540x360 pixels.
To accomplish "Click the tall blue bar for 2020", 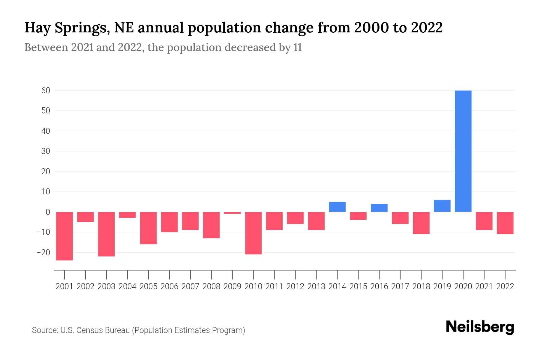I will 463,151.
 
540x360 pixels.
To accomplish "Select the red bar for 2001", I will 64,236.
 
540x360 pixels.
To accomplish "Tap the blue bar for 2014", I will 337,207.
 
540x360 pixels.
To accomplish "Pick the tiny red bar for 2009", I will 232,213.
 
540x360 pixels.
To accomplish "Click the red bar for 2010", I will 253,233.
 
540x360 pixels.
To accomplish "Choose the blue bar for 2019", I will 442,206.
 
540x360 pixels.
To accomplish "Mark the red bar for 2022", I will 505,223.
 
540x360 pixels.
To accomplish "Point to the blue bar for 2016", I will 379,208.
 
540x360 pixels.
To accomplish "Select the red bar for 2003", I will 106,234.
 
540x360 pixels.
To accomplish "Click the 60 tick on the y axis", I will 46,90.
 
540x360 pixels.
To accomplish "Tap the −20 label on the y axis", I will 43,252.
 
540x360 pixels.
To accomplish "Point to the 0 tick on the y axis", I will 48,212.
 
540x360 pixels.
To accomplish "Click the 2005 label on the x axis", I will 148,286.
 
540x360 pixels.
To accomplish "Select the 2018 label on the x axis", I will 421,286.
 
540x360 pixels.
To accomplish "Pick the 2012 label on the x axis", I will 295,286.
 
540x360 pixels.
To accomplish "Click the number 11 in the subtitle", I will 298,47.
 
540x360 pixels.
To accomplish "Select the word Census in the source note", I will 89,330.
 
